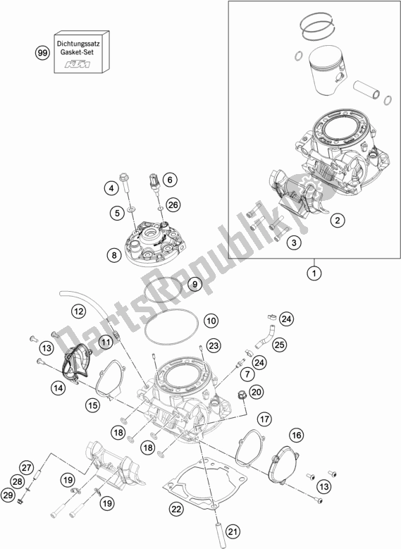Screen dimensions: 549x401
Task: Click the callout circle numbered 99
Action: [43, 53]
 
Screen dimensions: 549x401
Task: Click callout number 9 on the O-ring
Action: [175, 284]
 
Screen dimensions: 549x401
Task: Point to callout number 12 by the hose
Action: [78, 309]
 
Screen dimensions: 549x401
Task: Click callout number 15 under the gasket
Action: [111, 405]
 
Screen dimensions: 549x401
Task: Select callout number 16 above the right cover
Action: [295, 434]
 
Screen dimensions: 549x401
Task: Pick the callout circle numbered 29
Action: [28, 496]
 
